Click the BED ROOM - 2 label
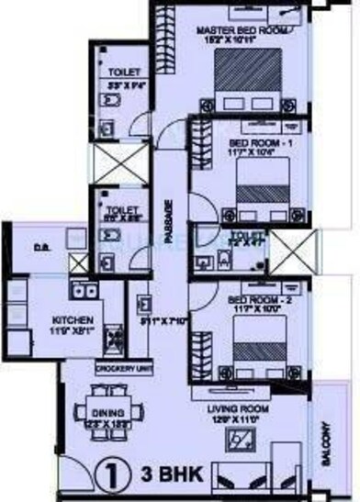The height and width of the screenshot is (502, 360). tap(253, 301)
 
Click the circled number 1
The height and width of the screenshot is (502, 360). tap(107, 476)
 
